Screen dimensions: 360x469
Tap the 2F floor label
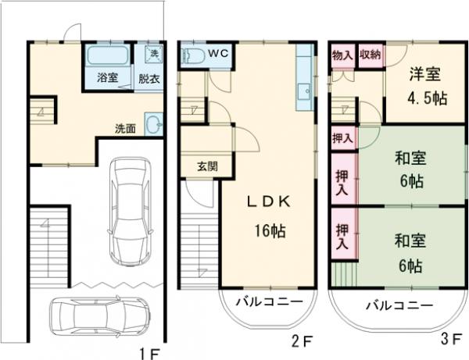[x=303, y=340]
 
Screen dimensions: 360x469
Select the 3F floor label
[x=451, y=340]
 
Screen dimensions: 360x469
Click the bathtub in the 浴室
[x=108, y=56]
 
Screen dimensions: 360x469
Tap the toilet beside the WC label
[x=189, y=55]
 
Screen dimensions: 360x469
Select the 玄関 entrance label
[x=207, y=166]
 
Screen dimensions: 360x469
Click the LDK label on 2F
[x=268, y=201]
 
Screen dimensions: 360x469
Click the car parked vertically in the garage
[x=130, y=210]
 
